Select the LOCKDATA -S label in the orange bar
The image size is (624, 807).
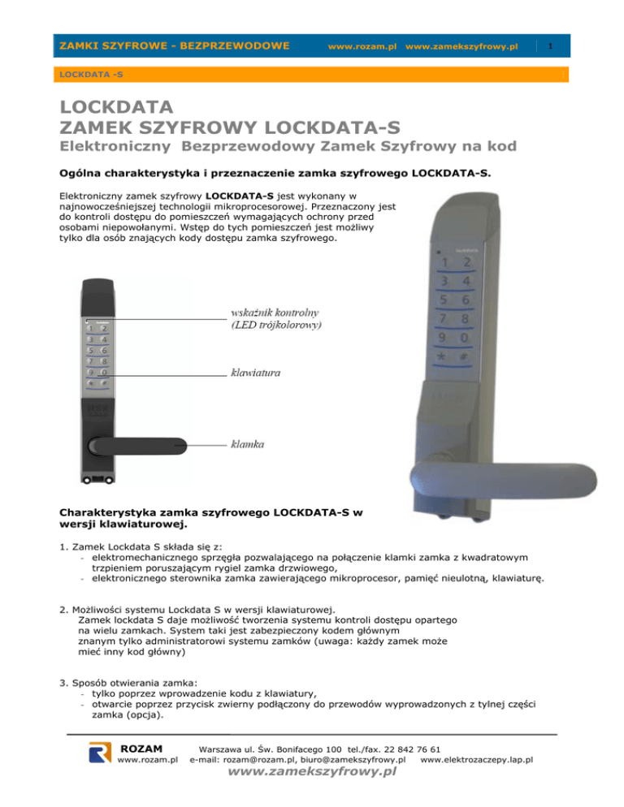click(84, 74)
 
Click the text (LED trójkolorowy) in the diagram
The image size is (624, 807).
click(277, 326)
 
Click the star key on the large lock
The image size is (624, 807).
click(440, 358)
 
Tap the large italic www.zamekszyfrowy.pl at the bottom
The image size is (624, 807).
click(312, 773)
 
